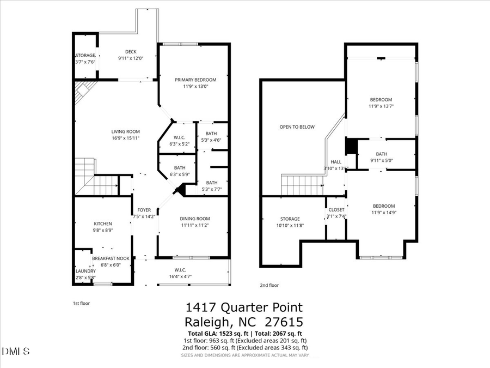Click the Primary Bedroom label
pos(195,80)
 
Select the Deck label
pos(131,52)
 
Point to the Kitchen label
pos(102,224)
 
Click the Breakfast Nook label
pos(111,258)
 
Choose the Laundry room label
pos(85,271)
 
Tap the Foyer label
pos(144,210)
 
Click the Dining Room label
pos(195,219)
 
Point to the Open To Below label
pos(297,127)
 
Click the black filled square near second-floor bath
pos(352,147)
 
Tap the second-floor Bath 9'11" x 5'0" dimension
pos(381,160)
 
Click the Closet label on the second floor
pos(336,209)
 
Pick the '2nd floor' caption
pos(269,285)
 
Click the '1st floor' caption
pos(82,303)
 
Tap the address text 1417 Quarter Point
pos(244,308)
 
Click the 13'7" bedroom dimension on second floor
pos(381,106)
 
